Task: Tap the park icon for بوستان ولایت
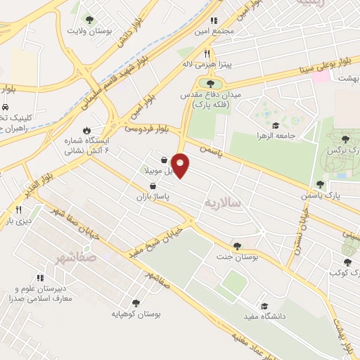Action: pos(89,20)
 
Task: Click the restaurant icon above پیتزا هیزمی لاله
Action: pos(207,53)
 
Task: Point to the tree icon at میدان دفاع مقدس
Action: pos(210,84)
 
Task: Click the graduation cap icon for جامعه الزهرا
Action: pos(274,124)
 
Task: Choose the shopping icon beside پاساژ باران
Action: pos(152,186)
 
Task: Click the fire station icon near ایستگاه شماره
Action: pos(86,130)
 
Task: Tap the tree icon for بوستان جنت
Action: pos(236,246)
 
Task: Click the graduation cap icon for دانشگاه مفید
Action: pos(264,306)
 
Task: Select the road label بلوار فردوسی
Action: pos(147,129)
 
